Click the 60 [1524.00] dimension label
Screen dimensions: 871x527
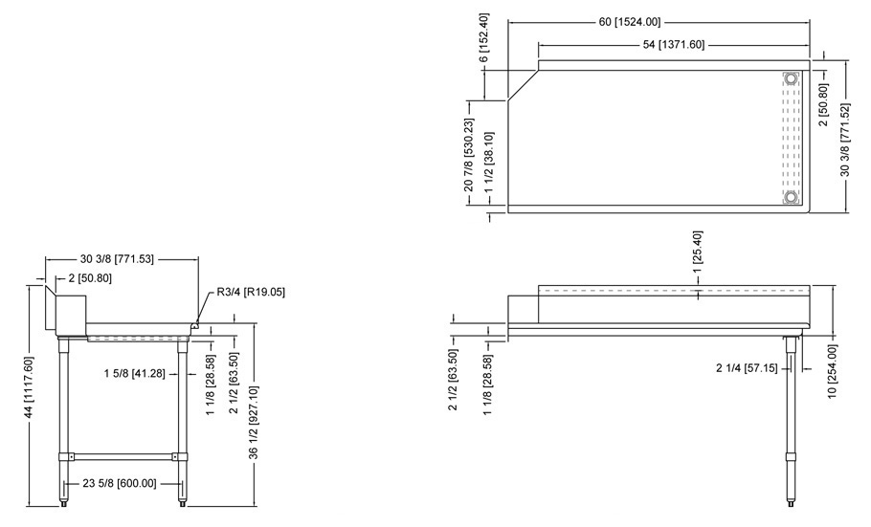[x=630, y=22]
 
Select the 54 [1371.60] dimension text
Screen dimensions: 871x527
[x=673, y=44]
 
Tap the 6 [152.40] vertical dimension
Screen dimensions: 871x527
[x=483, y=37]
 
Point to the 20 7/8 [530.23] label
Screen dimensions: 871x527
[x=469, y=155]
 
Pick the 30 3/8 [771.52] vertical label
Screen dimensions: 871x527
[x=845, y=140]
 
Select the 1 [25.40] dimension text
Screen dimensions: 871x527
[x=699, y=251]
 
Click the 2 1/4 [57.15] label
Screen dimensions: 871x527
[x=747, y=367]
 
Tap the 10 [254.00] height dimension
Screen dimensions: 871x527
[x=832, y=371]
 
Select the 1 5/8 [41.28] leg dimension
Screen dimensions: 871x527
[x=134, y=374]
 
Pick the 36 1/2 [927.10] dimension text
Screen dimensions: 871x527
[x=254, y=423]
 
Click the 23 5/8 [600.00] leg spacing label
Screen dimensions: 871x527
[x=120, y=484]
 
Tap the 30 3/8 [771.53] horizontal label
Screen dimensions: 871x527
[x=117, y=259]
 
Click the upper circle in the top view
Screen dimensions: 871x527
[x=791, y=78]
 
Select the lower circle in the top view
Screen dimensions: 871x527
[x=791, y=197]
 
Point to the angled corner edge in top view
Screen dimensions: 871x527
[x=523, y=85]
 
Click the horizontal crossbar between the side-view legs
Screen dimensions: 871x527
[x=123, y=456]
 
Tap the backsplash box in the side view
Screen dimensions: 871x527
[x=71, y=315]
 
